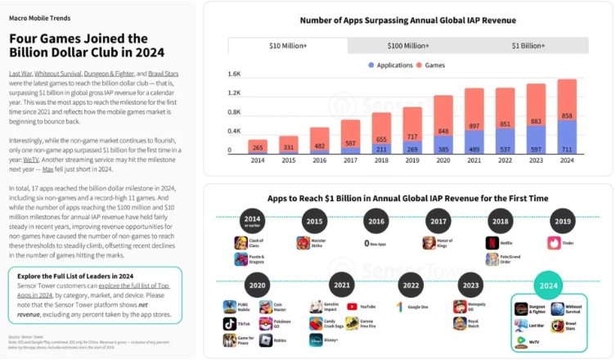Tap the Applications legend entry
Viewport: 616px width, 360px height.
point(389,64)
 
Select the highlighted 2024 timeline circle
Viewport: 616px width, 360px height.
point(547,285)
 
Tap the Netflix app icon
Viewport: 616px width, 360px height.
point(492,242)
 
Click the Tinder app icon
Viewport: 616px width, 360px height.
point(554,242)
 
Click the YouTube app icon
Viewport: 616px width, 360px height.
point(352,306)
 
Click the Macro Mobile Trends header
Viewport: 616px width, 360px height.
point(39,16)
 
